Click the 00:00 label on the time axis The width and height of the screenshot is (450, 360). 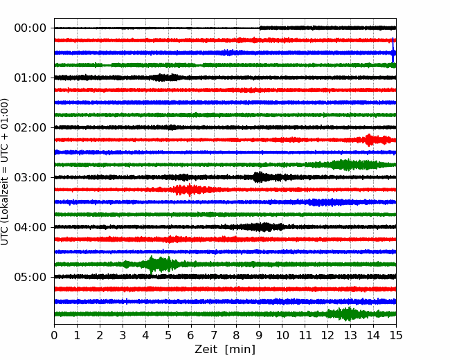coord(30,28)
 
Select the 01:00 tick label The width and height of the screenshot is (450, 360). coord(30,78)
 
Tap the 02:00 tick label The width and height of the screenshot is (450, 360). coord(30,127)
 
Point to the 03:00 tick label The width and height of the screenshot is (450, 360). coord(30,177)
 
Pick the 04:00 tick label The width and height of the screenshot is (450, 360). coord(30,227)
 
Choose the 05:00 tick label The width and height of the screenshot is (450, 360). coord(30,277)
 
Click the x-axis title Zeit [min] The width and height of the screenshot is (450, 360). coord(225,350)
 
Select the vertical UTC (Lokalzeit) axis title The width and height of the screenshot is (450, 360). coord(5,172)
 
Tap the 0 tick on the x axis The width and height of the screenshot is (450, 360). coord(54,335)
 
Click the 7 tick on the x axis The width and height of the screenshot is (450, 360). coord(214,335)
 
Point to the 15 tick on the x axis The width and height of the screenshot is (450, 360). coord(396,335)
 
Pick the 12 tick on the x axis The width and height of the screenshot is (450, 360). coord(327,335)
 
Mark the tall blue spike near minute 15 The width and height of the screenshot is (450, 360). coord(393,50)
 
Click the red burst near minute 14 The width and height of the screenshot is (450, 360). coord(370,140)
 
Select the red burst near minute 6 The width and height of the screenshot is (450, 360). coord(190,190)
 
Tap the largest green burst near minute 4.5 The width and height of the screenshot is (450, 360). coord(155,264)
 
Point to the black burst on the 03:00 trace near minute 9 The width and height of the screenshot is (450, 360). coord(260,177)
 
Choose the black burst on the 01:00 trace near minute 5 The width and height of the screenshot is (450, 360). coord(165,78)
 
